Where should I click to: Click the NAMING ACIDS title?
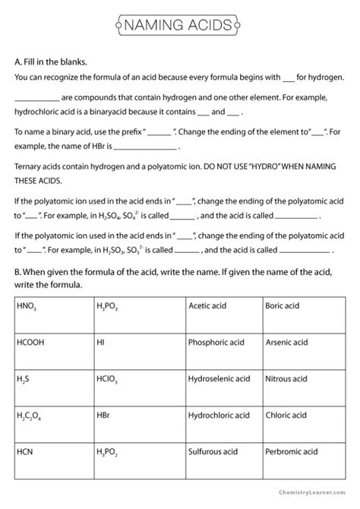pos(180,27)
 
